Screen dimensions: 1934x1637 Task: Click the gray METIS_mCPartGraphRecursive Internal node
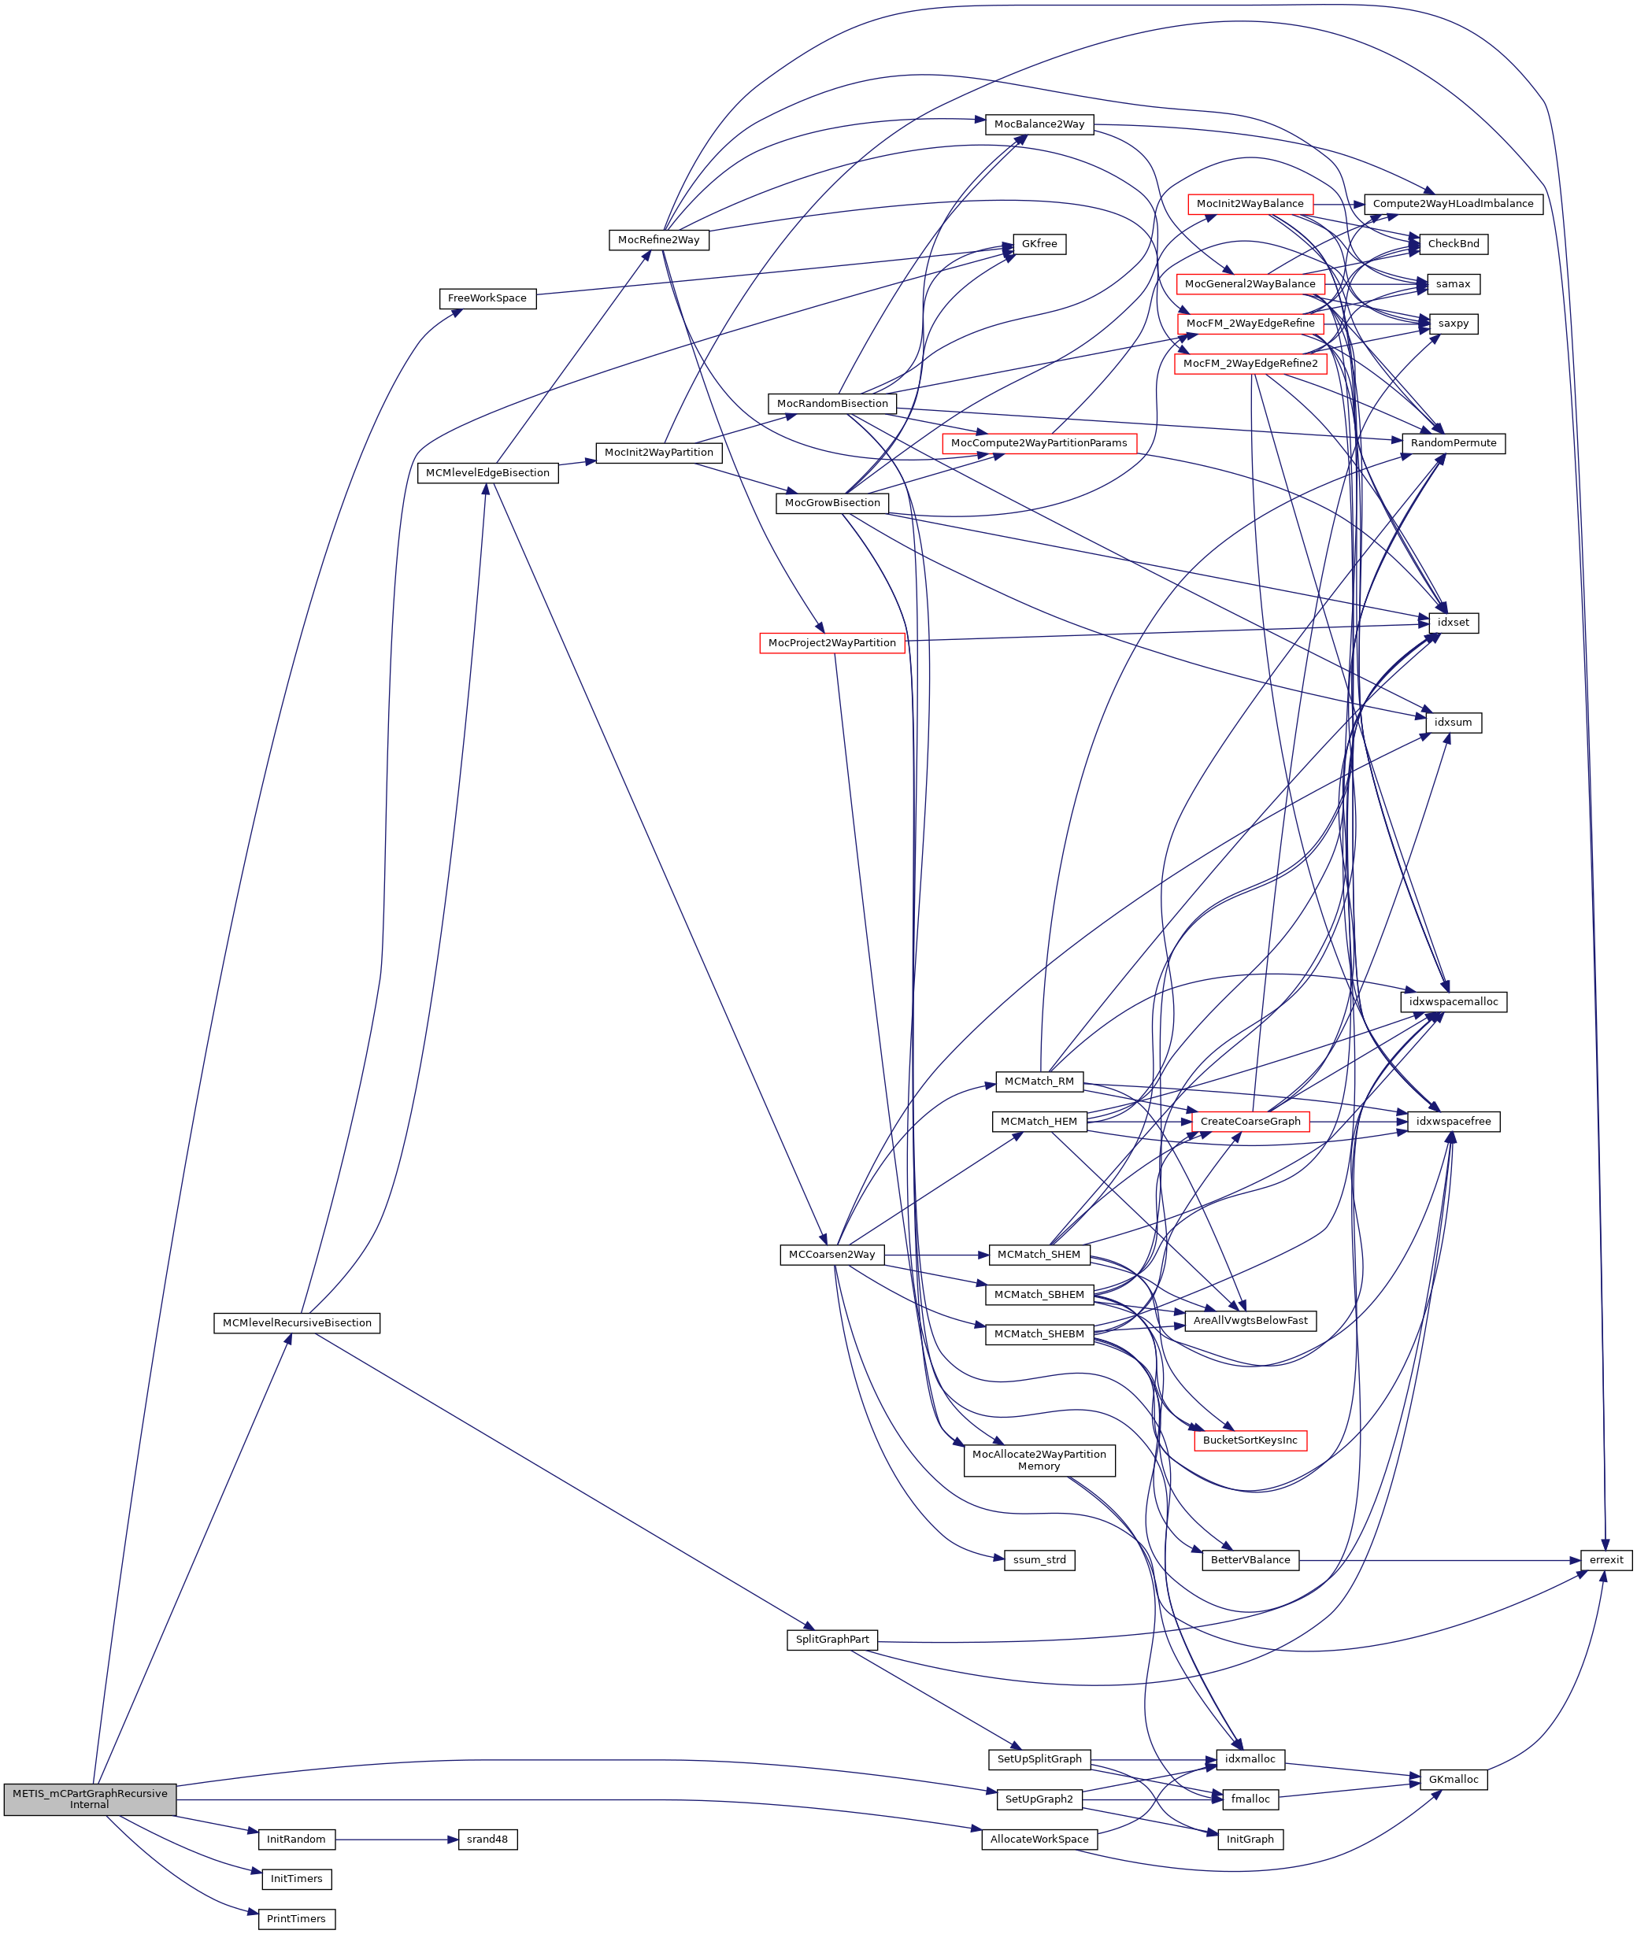click(89, 1799)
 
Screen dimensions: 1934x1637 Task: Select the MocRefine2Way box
click(659, 240)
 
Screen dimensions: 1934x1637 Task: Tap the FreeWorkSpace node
click(487, 298)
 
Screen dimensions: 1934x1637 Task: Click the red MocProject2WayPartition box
click(831, 643)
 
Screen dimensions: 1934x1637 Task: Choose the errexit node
click(1606, 1560)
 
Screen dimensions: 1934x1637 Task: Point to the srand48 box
click(487, 1840)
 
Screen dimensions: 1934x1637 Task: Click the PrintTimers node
click(296, 1918)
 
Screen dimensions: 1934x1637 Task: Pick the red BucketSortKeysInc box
click(1250, 1440)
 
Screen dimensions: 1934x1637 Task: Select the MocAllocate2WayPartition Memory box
click(1039, 1460)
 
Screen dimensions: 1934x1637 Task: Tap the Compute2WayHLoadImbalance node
click(1452, 204)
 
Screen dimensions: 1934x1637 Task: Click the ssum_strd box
click(1039, 1560)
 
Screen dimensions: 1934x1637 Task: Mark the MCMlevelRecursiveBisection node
click(297, 1322)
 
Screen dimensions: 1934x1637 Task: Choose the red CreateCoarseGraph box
click(1250, 1122)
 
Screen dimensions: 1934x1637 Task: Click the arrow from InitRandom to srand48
click(397, 1840)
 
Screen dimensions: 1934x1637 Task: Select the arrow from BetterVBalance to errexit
click(1439, 1560)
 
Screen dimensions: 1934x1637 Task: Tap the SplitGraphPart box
click(831, 1639)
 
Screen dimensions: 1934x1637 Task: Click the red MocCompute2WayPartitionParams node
click(1039, 443)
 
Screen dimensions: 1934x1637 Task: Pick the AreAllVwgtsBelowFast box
click(1250, 1321)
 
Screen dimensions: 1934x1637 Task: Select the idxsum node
click(1452, 723)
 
